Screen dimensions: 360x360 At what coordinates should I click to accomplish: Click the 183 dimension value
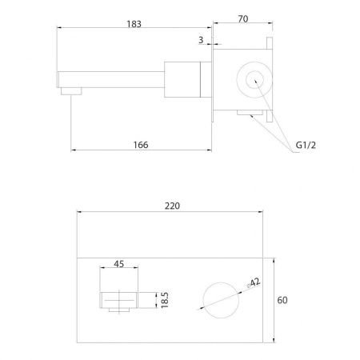pyautogui.click(x=134, y=24)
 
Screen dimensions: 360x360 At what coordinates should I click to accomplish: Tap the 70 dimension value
pyautogui.click(x=243, y=19)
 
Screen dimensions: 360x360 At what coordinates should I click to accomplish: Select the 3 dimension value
pyautogui.click(x=201, y=40)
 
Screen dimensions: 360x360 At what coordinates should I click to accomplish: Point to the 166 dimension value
pyautogui.click(x=141, y=145)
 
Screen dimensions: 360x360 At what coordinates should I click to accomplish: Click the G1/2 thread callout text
pyautogui.click(x=306, y=145)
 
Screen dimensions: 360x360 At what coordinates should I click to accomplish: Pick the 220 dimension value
pyautogui.click(x=172, y=206)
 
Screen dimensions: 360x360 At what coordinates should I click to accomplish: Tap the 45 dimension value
pyautogui.click(x=119, y=264)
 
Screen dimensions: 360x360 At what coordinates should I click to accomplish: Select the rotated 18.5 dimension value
pyautogui.click(x=165, y=300)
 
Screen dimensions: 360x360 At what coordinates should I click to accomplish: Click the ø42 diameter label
pyautogui.click(x=254, y=283)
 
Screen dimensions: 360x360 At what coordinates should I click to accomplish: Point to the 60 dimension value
pyautogui.click(x=282, y=300)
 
